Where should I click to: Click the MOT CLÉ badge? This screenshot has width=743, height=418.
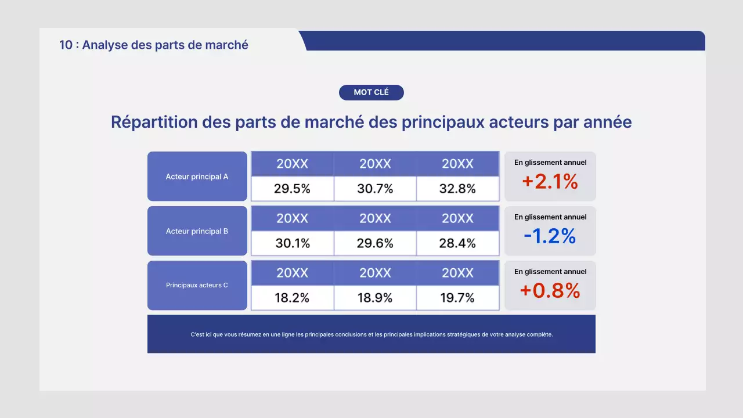coord(371,92)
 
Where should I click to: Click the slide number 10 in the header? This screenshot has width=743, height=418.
coord(66,45)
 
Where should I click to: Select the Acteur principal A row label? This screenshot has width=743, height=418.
coord(197,176)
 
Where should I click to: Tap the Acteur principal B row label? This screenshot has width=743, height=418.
coord(197,231)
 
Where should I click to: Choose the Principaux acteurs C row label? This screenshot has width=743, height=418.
coord(197,285)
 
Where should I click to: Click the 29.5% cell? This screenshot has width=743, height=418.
coord(292,189)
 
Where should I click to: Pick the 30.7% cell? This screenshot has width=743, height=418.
coord(375,189)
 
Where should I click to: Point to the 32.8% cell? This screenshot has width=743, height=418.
coord(457,189)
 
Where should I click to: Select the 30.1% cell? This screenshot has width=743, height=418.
coord(292,243)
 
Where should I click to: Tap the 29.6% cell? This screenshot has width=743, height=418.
coord(375,243)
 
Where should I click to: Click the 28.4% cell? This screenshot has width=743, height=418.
coord(457,243)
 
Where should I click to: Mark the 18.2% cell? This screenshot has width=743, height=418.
coord(292,298)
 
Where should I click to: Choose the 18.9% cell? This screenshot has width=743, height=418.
coord(375,298)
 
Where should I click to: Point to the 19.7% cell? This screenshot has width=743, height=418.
coord(457,298)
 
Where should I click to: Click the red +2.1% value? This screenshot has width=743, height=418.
coord(550,182)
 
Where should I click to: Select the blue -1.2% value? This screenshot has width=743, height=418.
coord(550,236)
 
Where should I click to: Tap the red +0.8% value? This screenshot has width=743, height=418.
coord(550,290)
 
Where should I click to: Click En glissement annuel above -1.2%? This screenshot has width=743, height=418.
coord(550,217)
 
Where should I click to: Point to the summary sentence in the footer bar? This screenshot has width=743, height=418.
coord(371,334)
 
